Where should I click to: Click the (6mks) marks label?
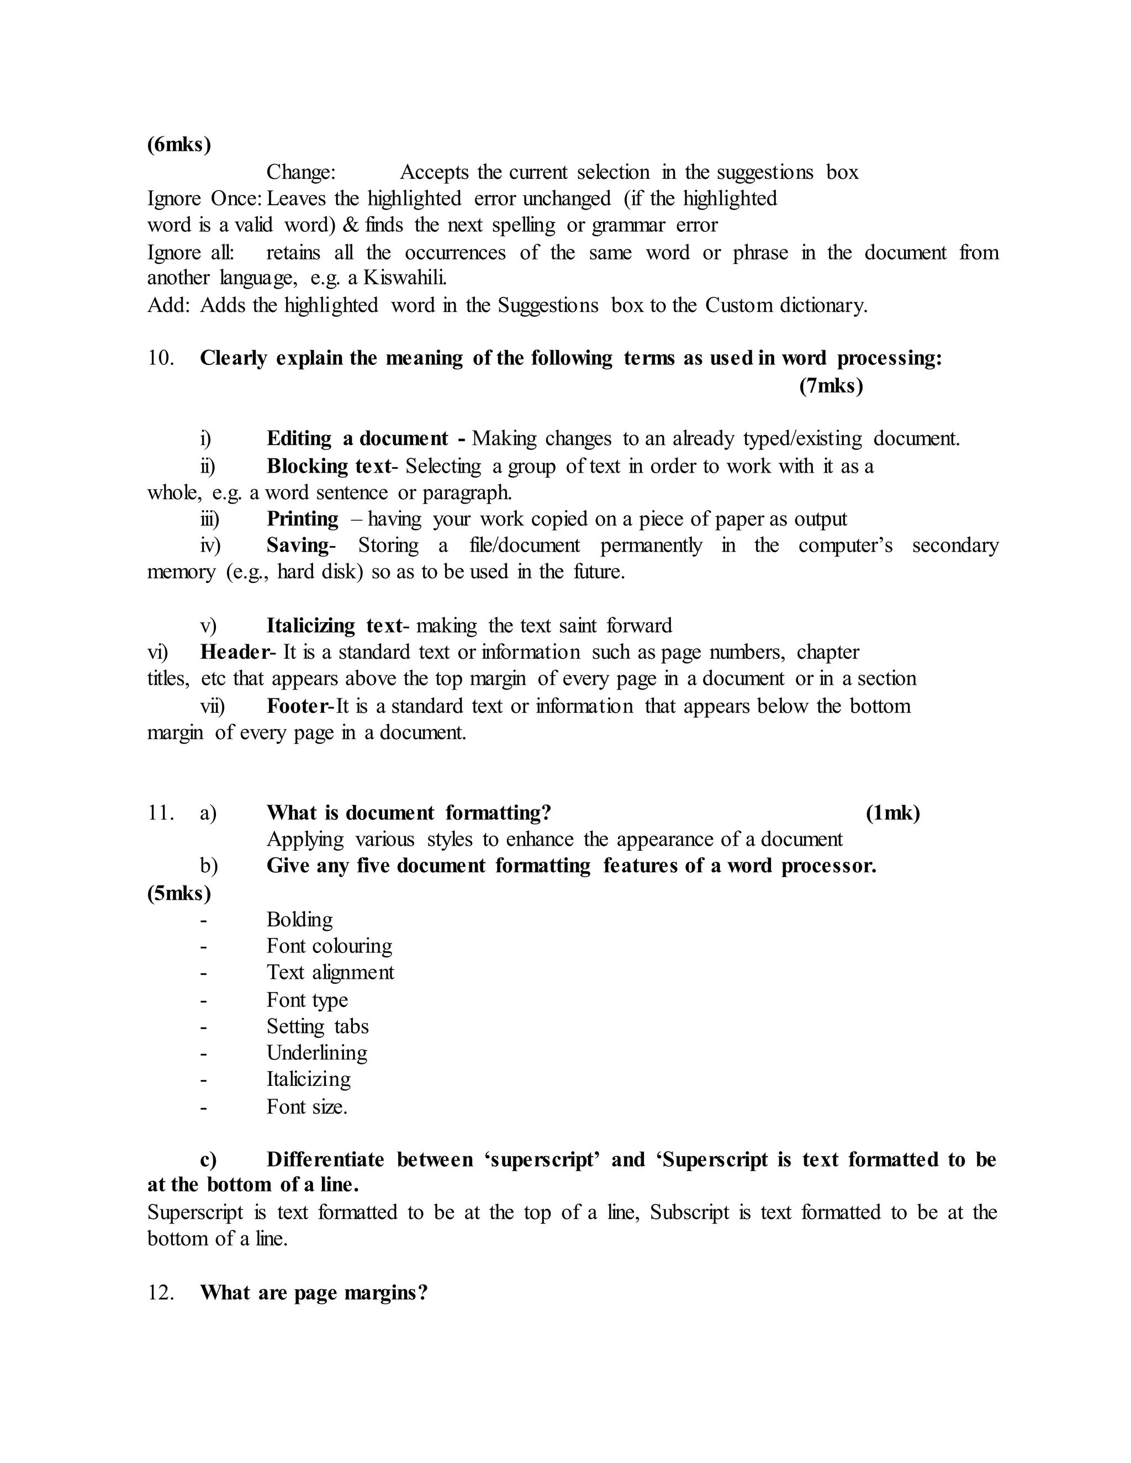pyautogui.click(x=179, y=145)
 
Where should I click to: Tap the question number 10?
pyautogui.click(x=160, y=358)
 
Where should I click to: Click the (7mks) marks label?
pyautogui.click(x=831, y=386)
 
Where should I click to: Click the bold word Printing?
pyautogui.click(x=302, y=519)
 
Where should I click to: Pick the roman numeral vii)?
pyautogui.click(x=213, y=706)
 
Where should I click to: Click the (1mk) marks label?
pyautogui.click(x=892, y=813)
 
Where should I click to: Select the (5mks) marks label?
pyautogui.click(x=179, y=893)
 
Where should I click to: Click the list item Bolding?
pyautogui.click(x=299, y=920)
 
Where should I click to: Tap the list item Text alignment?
pyautogui.click(x=330, y=973)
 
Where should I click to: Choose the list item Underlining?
pyautogui.click(x=317, y=1053)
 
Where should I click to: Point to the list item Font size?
pyautogui.click(x=307, y=1106)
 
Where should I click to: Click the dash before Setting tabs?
pyautogui.click(x=203, y=1027)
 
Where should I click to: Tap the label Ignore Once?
pyautogui.click(x=204, y=199)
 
